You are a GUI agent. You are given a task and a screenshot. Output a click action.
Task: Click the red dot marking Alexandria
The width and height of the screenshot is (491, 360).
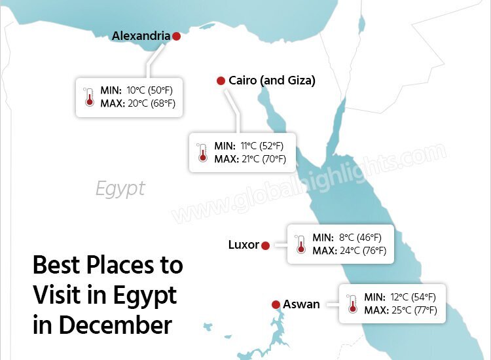(x=176, y=37)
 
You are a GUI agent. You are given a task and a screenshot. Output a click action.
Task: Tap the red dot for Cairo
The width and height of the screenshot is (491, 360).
(x=221, y=81)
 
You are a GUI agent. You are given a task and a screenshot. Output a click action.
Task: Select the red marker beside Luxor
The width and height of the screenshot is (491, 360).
(x=265, y=246)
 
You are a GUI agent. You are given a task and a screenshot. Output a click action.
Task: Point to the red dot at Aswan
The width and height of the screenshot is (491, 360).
(x=276, y=304)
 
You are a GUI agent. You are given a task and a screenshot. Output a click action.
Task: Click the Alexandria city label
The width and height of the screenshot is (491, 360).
(x=141, y=36)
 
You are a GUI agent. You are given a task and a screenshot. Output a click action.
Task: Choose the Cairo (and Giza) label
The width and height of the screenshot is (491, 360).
(x=272, y=81)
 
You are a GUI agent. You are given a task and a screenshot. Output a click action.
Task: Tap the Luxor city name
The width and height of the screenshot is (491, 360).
(x=244, y=245)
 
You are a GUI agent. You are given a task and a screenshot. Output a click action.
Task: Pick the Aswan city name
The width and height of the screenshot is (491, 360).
(x=301, y=304)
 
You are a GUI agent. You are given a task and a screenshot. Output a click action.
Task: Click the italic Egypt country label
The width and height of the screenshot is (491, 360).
(x=120, y=189)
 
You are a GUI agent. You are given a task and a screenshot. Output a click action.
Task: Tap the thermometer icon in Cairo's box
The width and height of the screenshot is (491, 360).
(x=202, y=153)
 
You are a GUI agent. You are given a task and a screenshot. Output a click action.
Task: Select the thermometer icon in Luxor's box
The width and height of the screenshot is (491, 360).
(x=300, y=244)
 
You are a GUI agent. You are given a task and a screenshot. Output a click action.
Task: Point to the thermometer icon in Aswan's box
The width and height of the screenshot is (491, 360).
(x=352, y=303)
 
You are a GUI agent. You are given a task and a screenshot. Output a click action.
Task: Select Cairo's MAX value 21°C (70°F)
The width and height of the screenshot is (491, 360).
(x=264, y=159)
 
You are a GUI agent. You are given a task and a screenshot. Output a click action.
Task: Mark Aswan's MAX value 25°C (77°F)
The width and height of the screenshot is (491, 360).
(x=412, y=310)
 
